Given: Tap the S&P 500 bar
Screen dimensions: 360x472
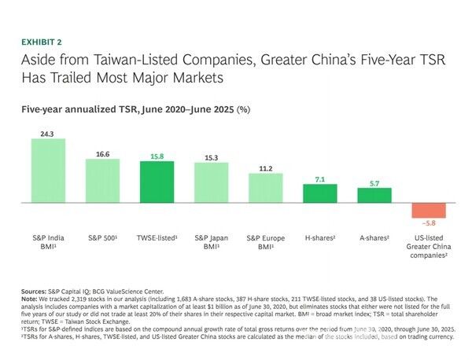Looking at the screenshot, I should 102,181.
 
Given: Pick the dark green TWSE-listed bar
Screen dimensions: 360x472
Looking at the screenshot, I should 157,182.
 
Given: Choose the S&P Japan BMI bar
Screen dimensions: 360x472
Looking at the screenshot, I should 211,182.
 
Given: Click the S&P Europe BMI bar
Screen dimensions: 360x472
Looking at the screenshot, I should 265,188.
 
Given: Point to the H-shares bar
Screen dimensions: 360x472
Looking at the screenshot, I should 319,193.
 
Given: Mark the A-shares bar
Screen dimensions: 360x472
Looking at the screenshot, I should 374,196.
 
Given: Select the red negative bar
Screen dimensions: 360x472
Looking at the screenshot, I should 428,211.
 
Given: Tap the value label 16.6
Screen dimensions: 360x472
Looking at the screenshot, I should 102,154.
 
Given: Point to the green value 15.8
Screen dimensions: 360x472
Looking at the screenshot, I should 157,156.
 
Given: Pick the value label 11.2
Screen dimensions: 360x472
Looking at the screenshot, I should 265,168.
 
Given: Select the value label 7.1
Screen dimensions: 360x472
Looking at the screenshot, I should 319,179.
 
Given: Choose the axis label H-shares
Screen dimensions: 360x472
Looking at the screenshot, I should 319,237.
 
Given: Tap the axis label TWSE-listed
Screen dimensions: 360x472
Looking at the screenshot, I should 157,237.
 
